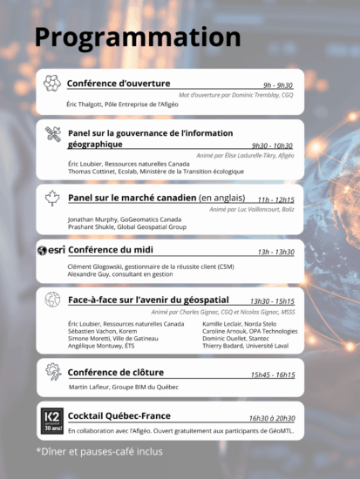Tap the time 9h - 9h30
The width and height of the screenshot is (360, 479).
(x=278, y=85)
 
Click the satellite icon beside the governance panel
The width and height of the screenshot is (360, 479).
(x=52, y=134)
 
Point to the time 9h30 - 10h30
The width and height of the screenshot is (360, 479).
(x=271, y=145)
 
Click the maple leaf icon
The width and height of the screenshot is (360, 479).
(x=52, y=198)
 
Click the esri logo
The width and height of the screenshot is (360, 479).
(x=51, y=251)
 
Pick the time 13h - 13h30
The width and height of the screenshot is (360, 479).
(x=275, y=252)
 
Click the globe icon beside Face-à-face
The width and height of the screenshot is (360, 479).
(x=52, y=300)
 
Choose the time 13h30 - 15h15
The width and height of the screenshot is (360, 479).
(x=271, y=301)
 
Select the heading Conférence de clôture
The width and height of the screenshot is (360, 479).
(x=115, y=372)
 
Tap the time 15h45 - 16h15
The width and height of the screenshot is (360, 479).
(x=272, y=374)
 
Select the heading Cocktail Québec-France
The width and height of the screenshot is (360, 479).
(x=119, y=415)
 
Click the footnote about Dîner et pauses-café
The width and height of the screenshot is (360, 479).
(x=98, y=452)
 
